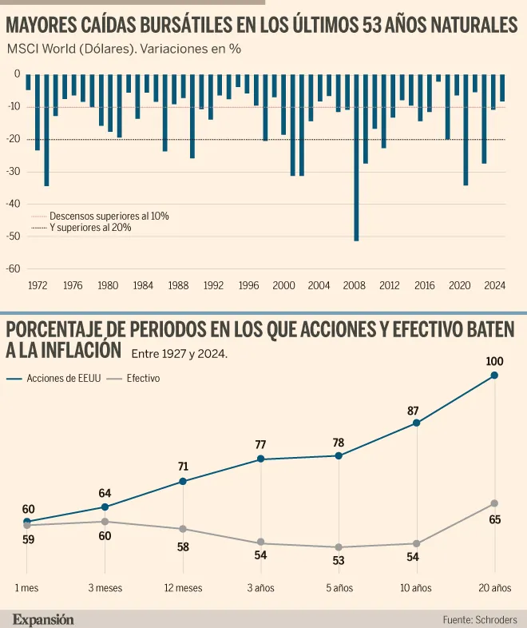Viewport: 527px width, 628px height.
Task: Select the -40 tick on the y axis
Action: tap(15, 203)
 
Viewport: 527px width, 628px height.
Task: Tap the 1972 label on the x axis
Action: tap(38, 284)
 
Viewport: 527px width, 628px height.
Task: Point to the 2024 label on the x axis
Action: tap(494, 284)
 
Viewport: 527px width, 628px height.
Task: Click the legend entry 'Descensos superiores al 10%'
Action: tap(109, 216)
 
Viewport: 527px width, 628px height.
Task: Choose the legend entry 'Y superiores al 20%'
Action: tap(90, 228)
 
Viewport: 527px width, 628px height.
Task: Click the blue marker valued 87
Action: tap(416, 423)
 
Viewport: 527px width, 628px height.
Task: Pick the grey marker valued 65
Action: tap(494, 503)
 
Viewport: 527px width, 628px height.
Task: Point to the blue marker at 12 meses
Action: tap(183, 481)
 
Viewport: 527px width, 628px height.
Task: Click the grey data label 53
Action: tap(338, 560)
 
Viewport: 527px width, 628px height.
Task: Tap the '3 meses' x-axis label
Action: tap(105, 588)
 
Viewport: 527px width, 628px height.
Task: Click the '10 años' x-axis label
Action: tap(416, 588)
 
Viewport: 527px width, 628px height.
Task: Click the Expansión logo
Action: tap(43, 619)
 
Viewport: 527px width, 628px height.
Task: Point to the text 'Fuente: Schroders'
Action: tap(480, 619)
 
